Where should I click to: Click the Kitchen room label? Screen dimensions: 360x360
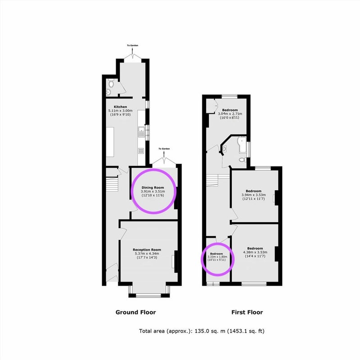(x=120, y=107)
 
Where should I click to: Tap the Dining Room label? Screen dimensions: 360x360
(x=153, y=188)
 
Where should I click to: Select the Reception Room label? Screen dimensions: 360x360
(x=147, y=250)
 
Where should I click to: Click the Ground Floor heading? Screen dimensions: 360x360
(x=136, y=312)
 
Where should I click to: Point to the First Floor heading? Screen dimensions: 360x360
(x=247, y=312)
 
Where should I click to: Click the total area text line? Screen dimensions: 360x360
(x=202, y=331)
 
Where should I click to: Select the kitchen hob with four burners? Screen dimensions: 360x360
(x=141, y=151)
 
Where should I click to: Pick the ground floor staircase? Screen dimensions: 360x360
(x=112, y=184)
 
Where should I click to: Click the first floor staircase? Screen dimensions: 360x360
(x=218, y=180)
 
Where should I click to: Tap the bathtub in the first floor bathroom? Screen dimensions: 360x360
(x=242, y=145)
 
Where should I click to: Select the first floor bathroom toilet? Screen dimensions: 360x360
(x=242, y=160)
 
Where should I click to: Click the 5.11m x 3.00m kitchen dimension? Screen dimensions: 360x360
(x=120, y=111)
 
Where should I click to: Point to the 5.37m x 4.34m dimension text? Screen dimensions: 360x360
(x=147, y=253)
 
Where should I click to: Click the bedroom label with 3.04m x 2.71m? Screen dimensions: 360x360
(x=230, y=110)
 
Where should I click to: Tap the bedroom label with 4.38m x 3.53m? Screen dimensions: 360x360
(x=255, y=248)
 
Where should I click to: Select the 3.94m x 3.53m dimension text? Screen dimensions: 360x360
(x=254, y=195)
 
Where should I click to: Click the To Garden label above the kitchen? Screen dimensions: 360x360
(x=133, y=45)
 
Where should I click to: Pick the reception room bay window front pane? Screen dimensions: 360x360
(x=148, y=296)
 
